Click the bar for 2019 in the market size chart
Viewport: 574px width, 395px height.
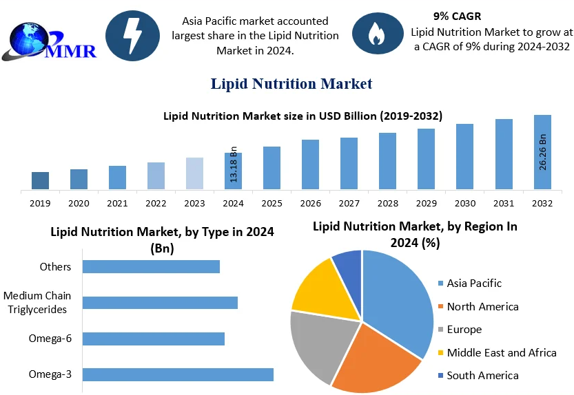tap(40, 180)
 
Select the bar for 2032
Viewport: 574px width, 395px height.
tap(542, 152)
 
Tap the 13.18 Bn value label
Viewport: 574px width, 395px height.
tap(233, 164)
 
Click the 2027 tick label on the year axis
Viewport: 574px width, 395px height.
tap(349, 204)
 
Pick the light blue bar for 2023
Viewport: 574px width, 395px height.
tap(194, 173)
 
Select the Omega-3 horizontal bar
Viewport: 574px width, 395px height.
tap(178, 374)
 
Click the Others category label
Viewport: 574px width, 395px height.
tap(56, 266)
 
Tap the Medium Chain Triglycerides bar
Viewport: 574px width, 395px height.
tap(160, 303)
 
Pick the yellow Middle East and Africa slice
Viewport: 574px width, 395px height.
tap(318, 287)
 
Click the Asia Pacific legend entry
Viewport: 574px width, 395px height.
tap(473, 283)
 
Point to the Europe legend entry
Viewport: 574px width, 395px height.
tap(464, 329)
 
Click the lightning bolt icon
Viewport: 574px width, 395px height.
tap(132, 33)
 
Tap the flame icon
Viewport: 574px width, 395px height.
tap(377, 33)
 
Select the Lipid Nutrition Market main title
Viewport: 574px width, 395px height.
tap(291, 84)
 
